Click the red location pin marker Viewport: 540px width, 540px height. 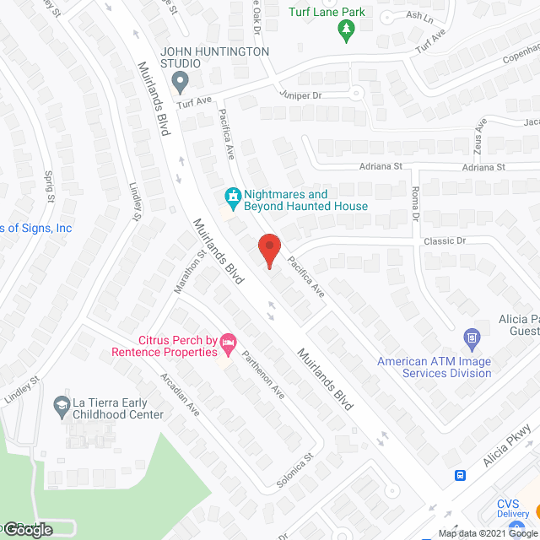coord(268,251)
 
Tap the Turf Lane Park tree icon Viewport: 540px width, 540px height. coord(346,30)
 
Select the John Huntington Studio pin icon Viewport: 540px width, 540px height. coord(179,83)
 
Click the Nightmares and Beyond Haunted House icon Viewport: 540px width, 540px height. coord(232,197)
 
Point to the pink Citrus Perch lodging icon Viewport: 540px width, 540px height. coord(227,343)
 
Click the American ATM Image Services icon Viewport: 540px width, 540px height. coord(472,340)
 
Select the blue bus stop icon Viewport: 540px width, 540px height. coord(460,475)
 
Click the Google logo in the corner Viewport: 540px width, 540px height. coord(27,529)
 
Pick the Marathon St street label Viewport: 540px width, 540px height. coord(190,271)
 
